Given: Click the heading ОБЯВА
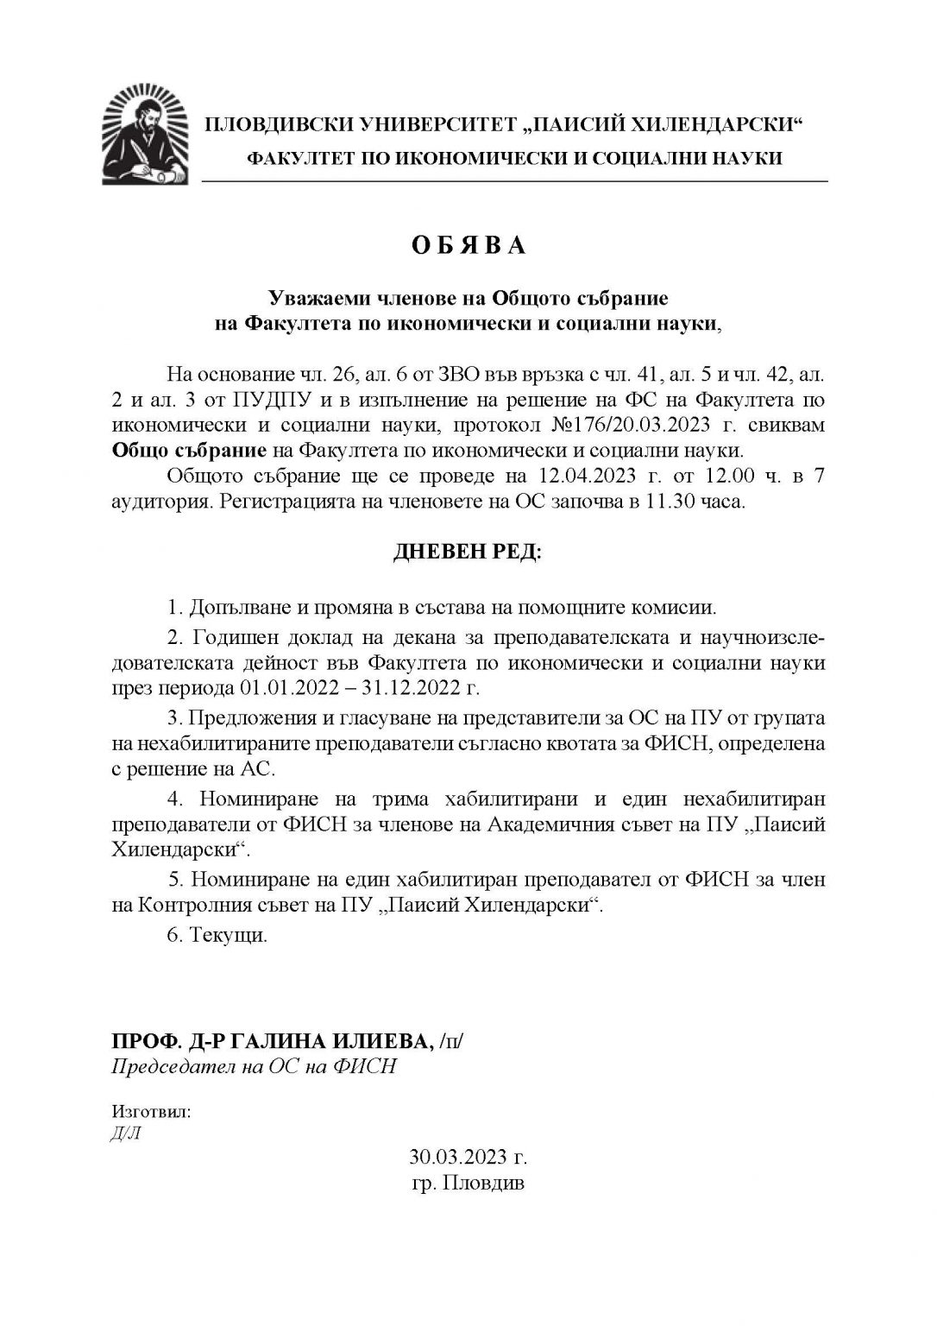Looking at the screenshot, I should pyautogui.click(x=468, y=246).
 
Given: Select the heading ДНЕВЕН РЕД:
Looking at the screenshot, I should pyautogui.click(x=468, y=552).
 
